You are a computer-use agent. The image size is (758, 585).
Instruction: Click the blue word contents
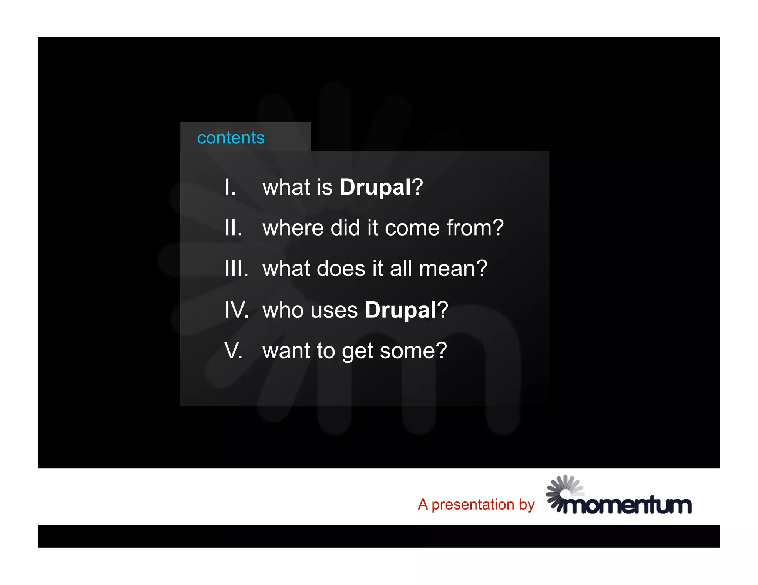coord(231,138)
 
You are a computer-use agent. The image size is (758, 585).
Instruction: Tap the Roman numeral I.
coord(229,187)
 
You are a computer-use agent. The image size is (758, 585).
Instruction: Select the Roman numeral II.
coord(233,228)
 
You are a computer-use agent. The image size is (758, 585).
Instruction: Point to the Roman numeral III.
coord(236,268)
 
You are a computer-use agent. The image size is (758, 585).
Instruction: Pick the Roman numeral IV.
coord(236,310)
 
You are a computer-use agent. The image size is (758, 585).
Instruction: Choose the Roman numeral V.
coord(233,351)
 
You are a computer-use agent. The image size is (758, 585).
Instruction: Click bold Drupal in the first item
coord(375,187)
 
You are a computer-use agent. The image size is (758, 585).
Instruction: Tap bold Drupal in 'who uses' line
coord(400,310)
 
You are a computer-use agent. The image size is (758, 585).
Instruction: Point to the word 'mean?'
coord(453,268)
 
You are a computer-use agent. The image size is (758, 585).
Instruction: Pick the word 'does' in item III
coord(341,268)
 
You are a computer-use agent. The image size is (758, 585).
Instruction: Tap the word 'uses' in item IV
coord(334,310)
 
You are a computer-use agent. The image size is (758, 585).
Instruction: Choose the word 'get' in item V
coord(358,351)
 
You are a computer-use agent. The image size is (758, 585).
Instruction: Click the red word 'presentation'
coord(473,505)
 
